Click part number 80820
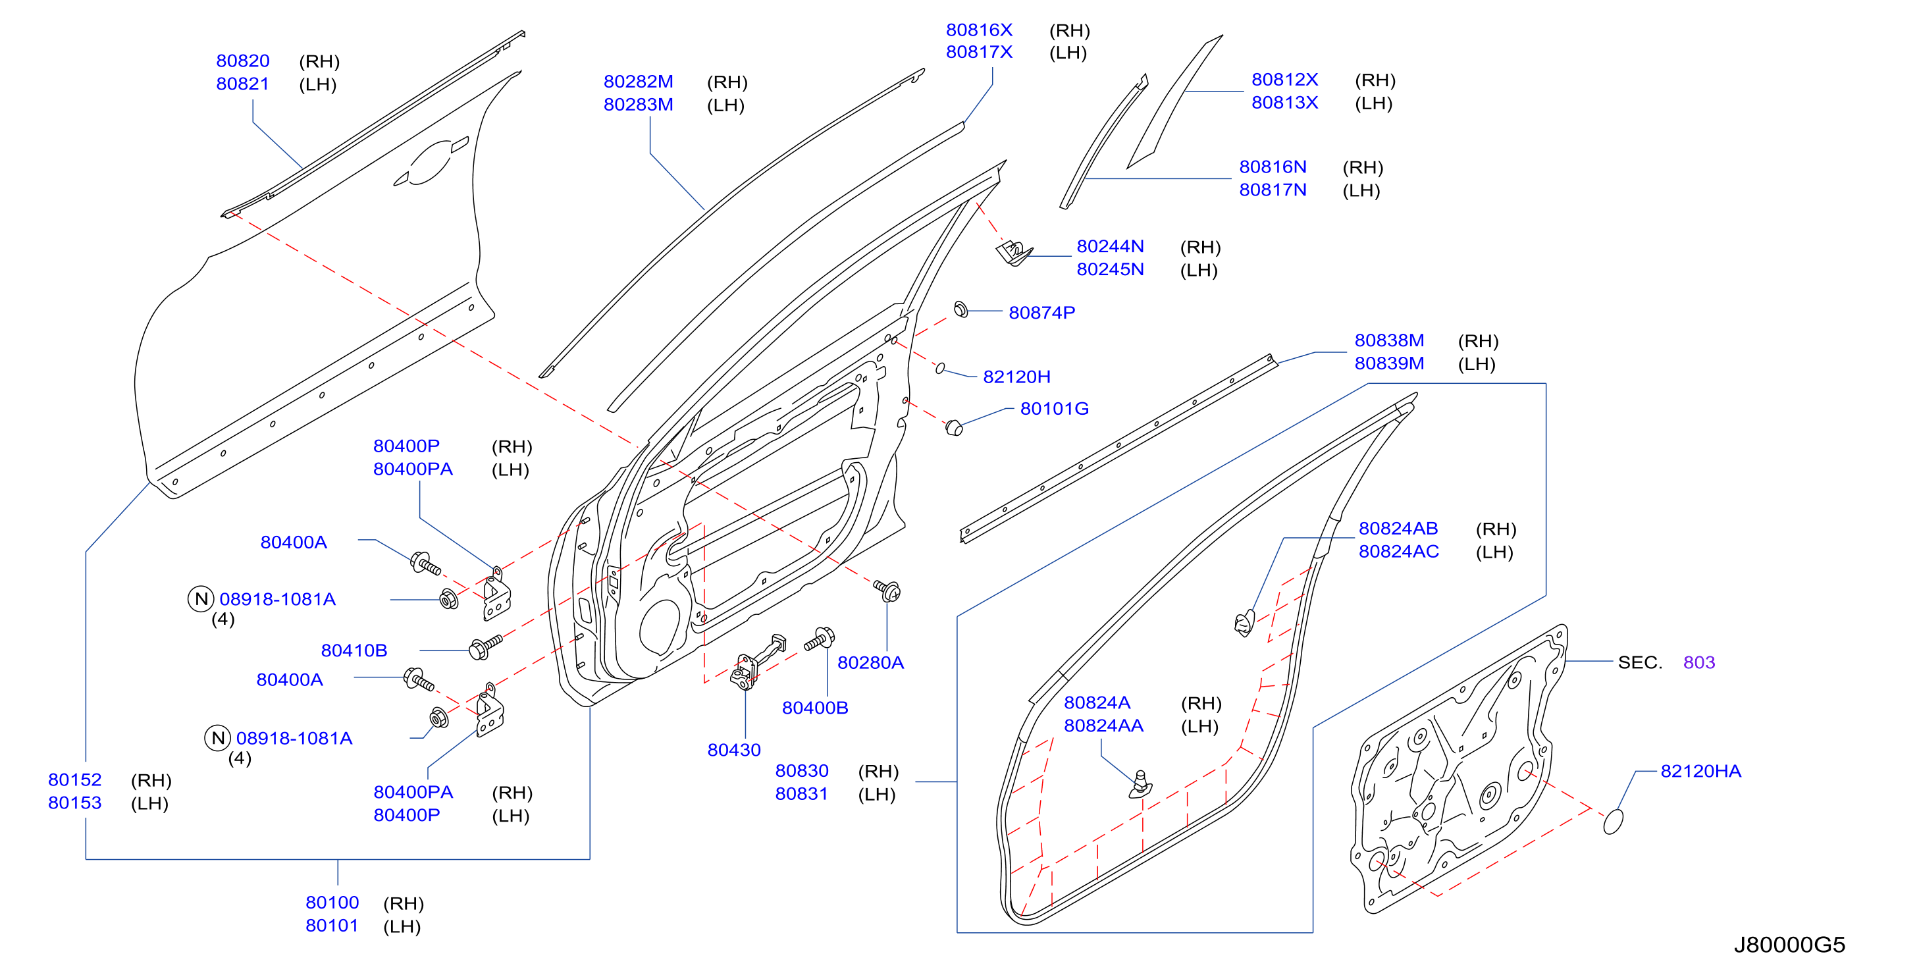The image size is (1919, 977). point(242,61)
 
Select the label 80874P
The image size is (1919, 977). point(1041,313)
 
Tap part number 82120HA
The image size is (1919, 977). point(1700,772)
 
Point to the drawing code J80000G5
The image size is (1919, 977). point(1789,945)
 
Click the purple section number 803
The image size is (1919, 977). point(1698,662)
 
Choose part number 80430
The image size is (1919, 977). point(734,751)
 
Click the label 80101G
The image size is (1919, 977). point(1054,409)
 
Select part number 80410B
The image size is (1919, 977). point(354,650)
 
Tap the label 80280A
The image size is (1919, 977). point(870,663)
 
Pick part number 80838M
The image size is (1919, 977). point(1388,340)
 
